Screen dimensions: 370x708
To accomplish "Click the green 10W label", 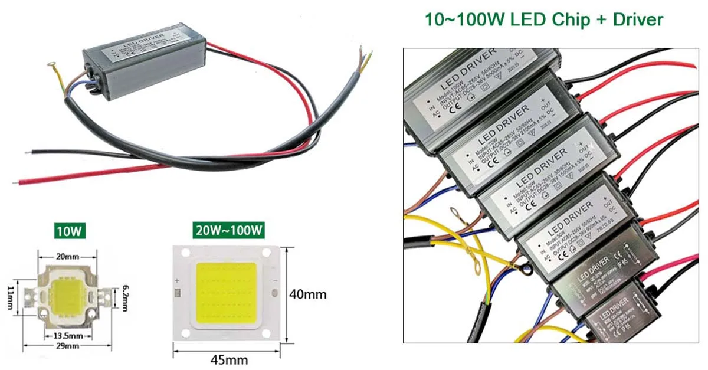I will coord(68,230).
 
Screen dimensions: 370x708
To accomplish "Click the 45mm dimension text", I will coord(229,359).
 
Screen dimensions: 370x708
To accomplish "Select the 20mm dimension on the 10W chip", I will coord(67,256).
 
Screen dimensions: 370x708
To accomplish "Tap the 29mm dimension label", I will coord(68,346).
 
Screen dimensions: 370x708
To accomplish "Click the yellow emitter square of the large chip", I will coord(226,293).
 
